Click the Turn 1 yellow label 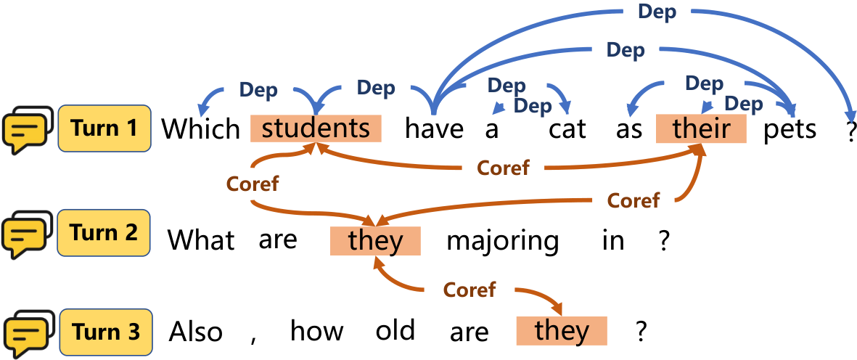click(x=104, y=128)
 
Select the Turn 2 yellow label click(x=104, y=233)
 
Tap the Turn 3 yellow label click(x=106, y=332)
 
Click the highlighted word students click(x=316, y=128)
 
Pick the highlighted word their click(x=701, y=129)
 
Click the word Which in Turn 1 click(x=200, y=129)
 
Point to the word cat click(x=567, y=130)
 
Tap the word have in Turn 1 click(x=434, y=129)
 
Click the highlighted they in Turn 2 click(x=375, y=241)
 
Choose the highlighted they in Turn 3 click(x=562, y=331)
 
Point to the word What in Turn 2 click(x=201, y=240)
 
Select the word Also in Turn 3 click(x=196, y=332)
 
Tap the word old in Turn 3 click(x=395, y=330)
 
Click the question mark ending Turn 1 click(x=850, y=129)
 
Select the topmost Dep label click(x=657, y=13)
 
